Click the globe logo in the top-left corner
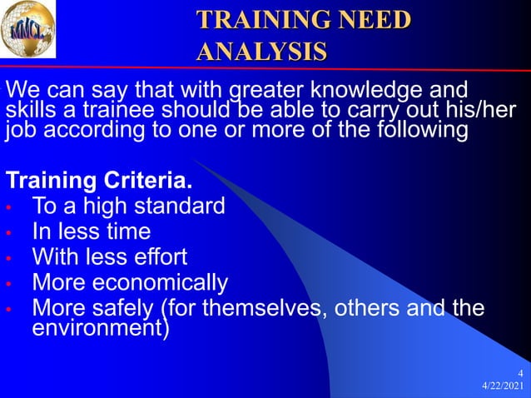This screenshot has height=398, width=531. tap(27, 29)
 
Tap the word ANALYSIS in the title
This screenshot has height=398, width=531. tap(261, 51)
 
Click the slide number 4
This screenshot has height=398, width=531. tap(520, 372)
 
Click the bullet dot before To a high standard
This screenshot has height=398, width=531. tap(8, 206)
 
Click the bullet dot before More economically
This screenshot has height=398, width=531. tap(8, 284)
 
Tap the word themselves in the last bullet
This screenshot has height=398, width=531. tap(269, 309)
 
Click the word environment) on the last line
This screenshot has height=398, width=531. tap(100, 328)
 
